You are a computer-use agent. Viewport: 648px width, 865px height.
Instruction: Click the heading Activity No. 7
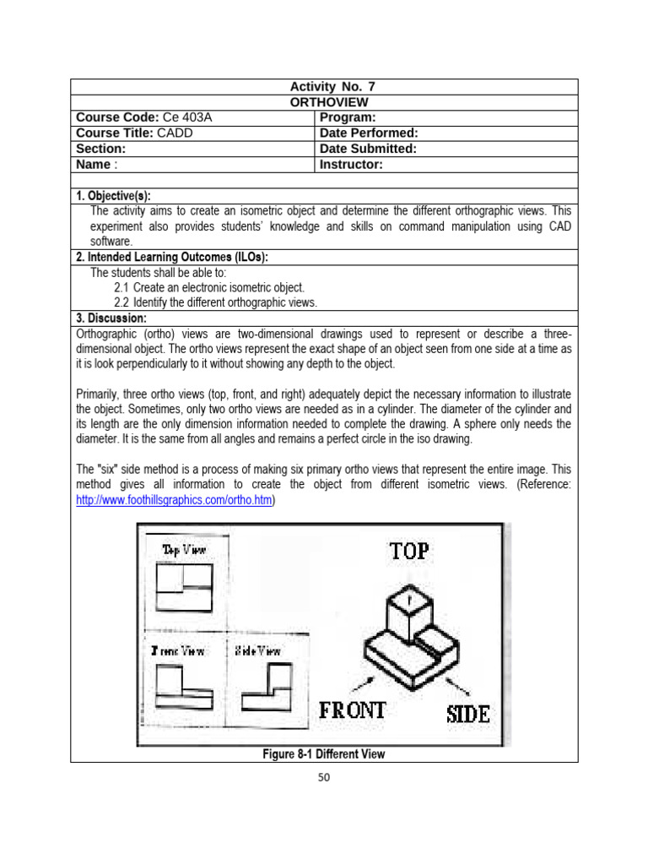pyautogui.click(x=324, y=87)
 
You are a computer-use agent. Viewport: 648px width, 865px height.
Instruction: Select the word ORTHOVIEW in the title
pyautogui.click(x=324, y=102)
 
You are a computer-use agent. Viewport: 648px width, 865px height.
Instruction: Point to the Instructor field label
pyautogui.click(x=352, y=165)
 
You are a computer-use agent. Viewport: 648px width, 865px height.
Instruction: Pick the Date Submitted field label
pyautogui.click(x=369, y=149)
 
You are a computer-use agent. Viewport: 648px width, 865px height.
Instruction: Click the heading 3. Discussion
pyautogui.click(x=111, y=318)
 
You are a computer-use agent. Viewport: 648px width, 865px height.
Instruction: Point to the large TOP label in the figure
pyautogui.click(x=409, y=552)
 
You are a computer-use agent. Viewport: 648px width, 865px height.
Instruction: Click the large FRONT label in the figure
pyautogui.click(x=353, y=710)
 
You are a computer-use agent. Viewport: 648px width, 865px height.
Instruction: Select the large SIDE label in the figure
pyautogui.click(x=467, y=714)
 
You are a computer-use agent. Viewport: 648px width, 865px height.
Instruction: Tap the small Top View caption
pyautogui.click(x=183, y=550)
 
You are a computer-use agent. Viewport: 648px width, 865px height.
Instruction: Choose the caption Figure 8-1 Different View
pyautogui.click(x=324, y=753)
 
